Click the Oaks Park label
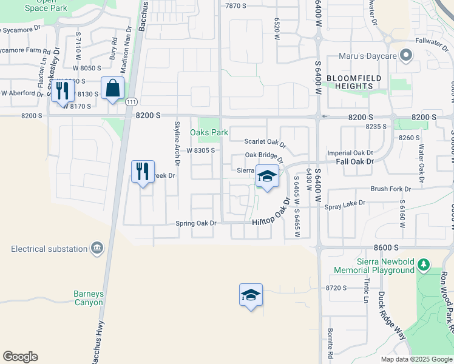tap(209, 132)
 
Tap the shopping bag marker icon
tap(113, 88)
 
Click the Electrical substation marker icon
tap(97, 248)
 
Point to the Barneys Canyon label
tap(89, 298)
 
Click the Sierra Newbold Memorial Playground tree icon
tap(424, 265)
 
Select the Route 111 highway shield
tap(131, 102)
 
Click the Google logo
tap(20, 356)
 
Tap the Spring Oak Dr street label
tap(196, 223)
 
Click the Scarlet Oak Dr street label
tap(265, 141)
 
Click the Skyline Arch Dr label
tap(177, 143)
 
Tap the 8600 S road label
tap(386, 248)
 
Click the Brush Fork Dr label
tap(390, 189)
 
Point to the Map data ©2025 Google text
tap(416, 359)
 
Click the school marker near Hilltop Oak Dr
tap(266, 177)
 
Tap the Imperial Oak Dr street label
tap(350, 153)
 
